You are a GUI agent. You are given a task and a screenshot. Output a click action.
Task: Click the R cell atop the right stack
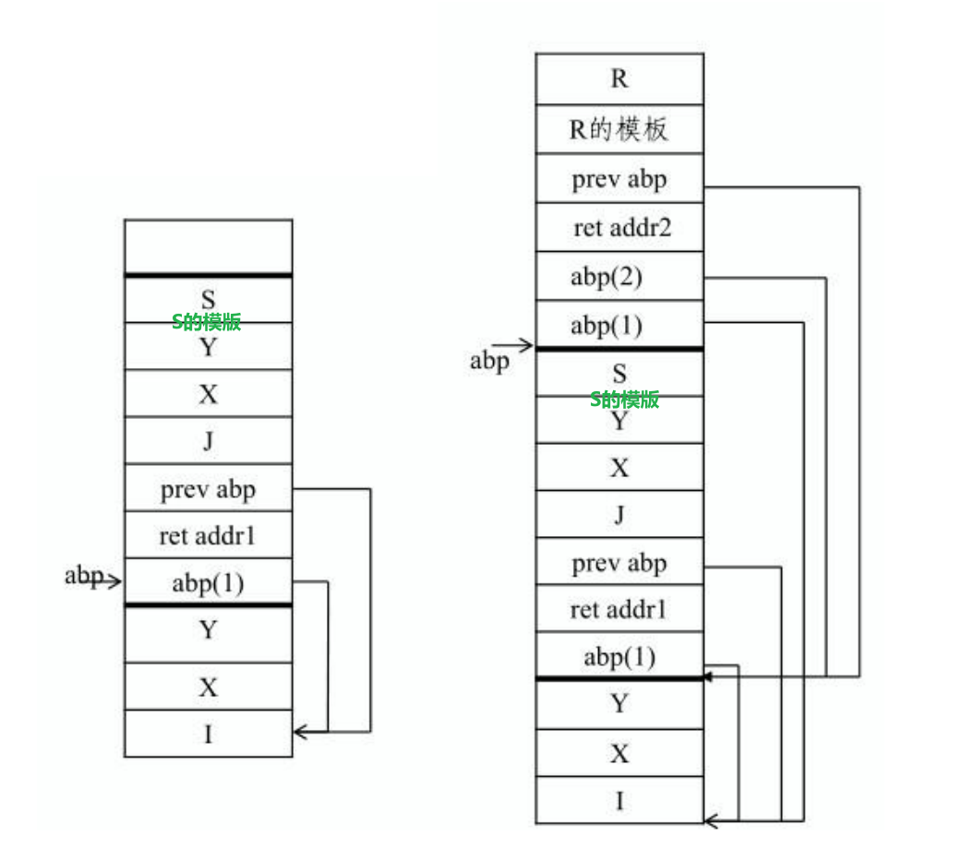[619, 78]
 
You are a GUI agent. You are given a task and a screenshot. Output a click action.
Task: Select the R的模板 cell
[619, 129]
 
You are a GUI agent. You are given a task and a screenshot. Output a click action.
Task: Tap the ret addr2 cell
[619, 228]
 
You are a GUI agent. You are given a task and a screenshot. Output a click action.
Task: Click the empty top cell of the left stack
[208, 246]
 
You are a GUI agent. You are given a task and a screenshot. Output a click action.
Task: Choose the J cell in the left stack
[208, 441]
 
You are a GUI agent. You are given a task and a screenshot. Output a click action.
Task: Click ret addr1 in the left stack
[207, 536]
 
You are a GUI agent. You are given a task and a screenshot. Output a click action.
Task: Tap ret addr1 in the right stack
[619, 610]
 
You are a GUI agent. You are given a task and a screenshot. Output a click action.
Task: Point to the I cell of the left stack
[208, 735]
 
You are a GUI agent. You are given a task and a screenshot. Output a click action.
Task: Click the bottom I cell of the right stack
[619, 801]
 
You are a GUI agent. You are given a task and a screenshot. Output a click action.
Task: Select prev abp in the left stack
[208, 489]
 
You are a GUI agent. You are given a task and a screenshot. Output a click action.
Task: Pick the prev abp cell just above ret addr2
[619, 179]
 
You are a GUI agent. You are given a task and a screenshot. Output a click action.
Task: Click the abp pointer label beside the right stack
[489, 361]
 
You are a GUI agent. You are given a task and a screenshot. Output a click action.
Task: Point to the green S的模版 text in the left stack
[207, 322]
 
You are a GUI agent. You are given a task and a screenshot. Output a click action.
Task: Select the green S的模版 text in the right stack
[625, 400]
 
